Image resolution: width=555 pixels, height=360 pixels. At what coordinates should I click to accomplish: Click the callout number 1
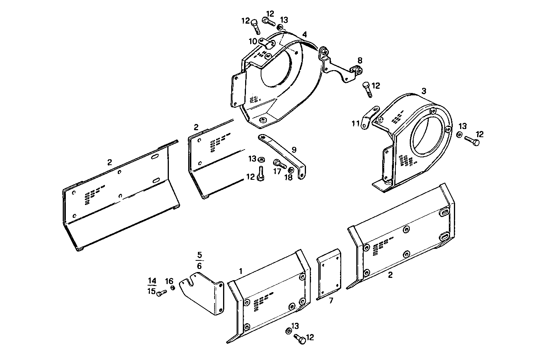click(241, 271)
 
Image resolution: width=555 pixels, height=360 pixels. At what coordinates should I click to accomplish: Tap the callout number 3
click(424, 91)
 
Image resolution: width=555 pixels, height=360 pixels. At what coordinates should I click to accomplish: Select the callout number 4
click(305, 34)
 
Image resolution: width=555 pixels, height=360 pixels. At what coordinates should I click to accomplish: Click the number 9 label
click(294, 150)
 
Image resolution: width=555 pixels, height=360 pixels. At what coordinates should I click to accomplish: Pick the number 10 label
click(253, 41)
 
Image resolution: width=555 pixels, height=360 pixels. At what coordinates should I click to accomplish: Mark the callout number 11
click(356, 124)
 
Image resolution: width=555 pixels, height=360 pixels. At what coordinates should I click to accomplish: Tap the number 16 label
click(169, 281)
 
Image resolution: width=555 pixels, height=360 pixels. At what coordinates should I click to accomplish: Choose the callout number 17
click(277, 171)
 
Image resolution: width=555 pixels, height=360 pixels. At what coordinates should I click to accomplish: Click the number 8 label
click(360, 60)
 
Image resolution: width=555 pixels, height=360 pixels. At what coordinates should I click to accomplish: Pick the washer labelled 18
click(291, 169)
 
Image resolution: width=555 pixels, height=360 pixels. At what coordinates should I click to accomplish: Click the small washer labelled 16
click(173, 288)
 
